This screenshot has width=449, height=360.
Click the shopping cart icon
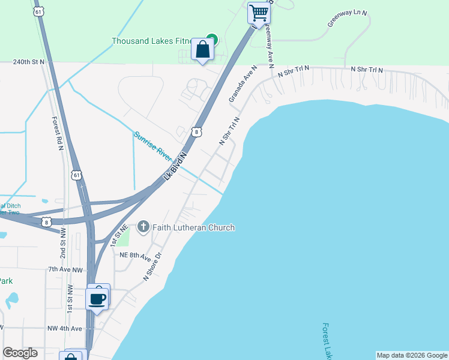coord(259,12)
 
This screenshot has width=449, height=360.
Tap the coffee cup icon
coord(98,297)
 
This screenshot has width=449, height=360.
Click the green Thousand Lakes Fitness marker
coord(211,40)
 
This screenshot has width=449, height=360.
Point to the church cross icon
coord(143,227)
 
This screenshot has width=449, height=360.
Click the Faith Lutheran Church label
coord(194,227)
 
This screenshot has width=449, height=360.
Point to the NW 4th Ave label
coord(64,329)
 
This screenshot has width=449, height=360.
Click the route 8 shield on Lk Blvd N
coord(197,132)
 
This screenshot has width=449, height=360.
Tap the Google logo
coord(20,353)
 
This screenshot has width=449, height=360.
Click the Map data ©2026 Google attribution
coord(412,355)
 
